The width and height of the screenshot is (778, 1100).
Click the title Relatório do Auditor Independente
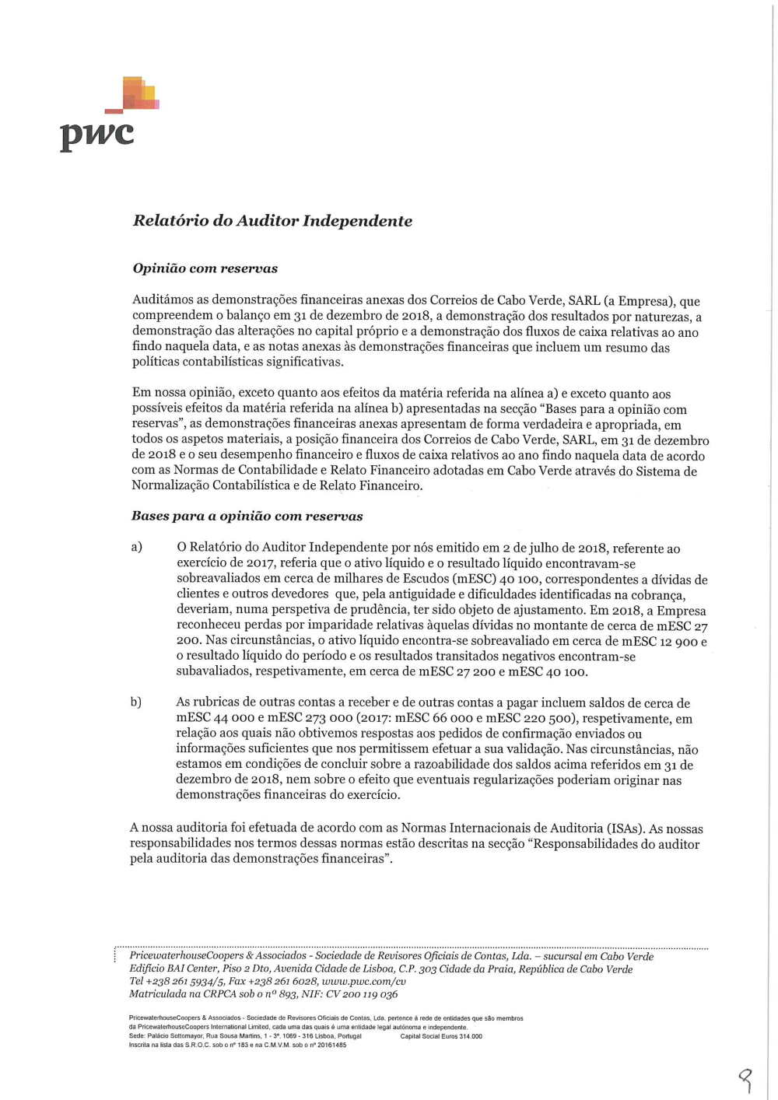click(x=272, y=221)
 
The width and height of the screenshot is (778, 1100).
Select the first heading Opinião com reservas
click(x=205, y=268)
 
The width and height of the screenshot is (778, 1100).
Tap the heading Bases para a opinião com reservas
click(x=247, y=516)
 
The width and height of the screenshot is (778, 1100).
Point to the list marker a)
click(x=137, y=547)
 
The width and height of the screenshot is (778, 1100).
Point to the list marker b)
click(x=136, y=702)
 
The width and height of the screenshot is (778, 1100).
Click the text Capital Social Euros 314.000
click(x=441, y=1036)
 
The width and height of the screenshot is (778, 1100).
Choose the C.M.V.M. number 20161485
click(x=331, y=1046)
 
